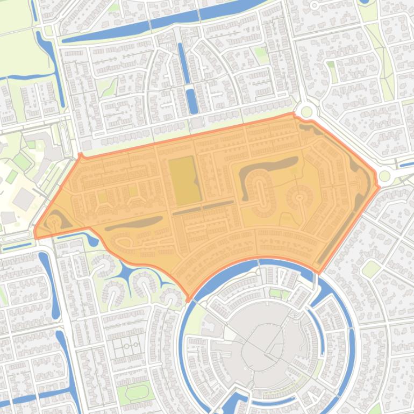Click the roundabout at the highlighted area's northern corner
(306, 112)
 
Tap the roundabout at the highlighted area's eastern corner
(384, 176)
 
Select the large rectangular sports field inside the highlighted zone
(183, 181)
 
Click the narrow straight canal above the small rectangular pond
(183, 62)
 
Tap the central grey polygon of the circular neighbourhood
(262, 344)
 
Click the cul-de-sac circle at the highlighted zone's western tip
(53, 222)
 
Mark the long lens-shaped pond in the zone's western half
(134, 223)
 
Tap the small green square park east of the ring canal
(371, 268)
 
